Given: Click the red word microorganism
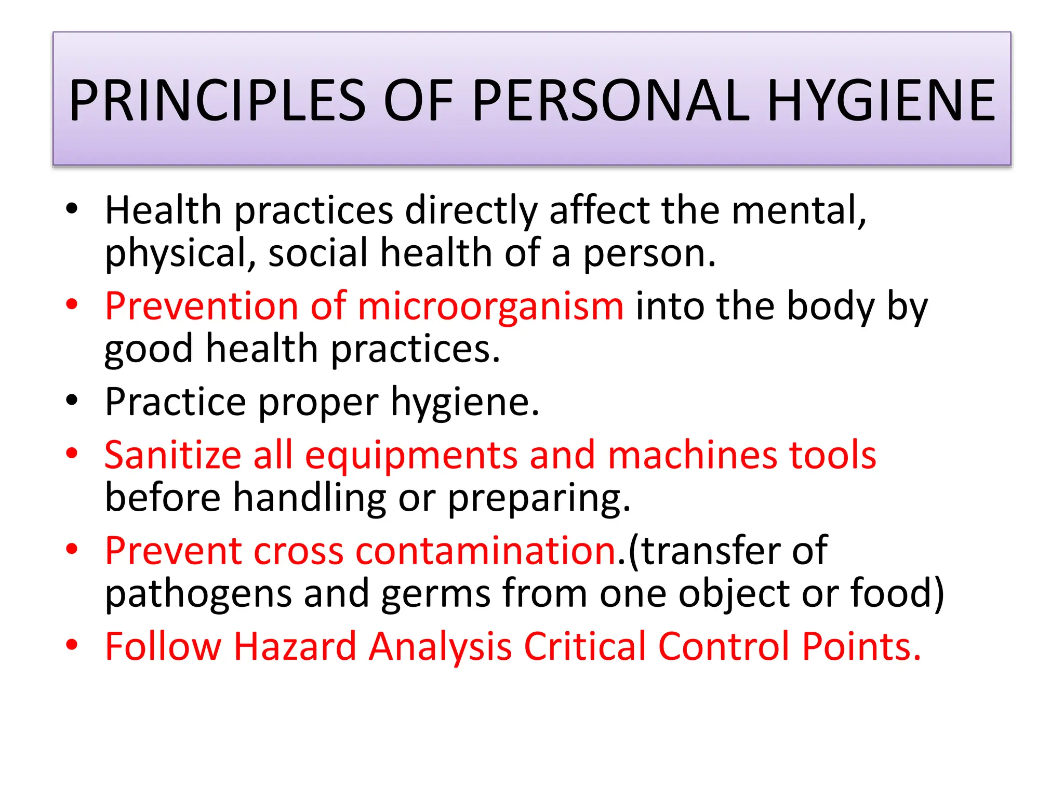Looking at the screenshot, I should [490, 307].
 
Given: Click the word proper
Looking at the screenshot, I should [318, 403].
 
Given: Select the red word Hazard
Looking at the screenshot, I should [295, 646].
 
